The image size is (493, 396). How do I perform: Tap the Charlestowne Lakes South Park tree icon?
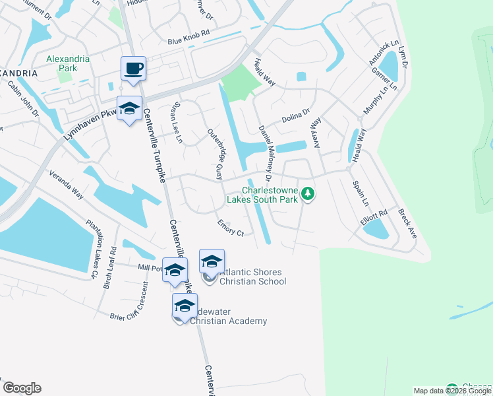click(307, 194)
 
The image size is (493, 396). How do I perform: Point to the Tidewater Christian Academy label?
click(228, 316)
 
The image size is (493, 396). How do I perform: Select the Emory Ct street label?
click(231, 228)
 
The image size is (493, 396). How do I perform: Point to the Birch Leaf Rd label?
click(109, 268)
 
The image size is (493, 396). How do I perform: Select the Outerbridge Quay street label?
click(216, 153)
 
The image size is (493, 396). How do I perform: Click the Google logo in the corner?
click(22, 388)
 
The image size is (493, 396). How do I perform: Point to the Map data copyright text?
click(452, 391)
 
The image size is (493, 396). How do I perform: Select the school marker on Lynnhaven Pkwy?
click(129, 108)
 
